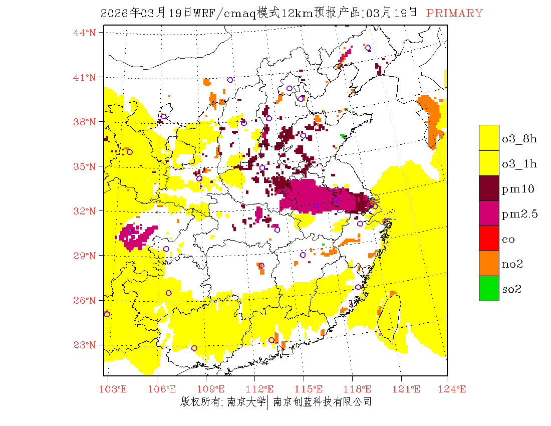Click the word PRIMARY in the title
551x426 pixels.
[x=455, y=14]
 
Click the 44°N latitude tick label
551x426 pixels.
[x=84, y=33]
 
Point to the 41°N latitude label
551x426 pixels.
[x=84, y=77]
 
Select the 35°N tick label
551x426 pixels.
[x=84, y=166]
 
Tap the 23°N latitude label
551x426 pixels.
[x=84, y=345]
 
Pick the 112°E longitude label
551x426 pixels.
[x=262, y=389]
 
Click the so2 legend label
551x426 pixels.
[x=512, y=289]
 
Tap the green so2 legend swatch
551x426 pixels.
[x=489, y=288]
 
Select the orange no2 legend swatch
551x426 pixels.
[x=489, y=263]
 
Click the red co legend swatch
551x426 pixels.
[x=489, y=238]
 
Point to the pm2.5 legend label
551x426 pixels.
[x=519, y=214]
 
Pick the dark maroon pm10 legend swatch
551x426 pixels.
[x=489, y=188]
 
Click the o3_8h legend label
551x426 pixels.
[x=519, y=139]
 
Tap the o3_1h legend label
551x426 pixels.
[x=519, y=164]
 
